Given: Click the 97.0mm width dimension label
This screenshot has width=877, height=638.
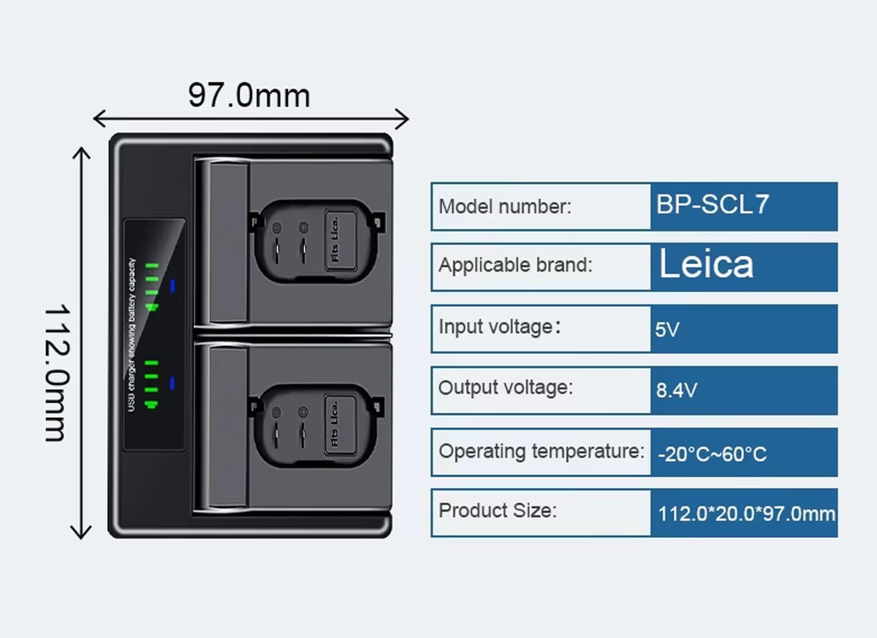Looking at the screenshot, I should tap(249, 96).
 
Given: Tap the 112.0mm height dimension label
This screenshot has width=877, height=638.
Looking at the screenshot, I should tap(57, 373).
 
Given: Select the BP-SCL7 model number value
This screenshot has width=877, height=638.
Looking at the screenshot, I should tap(712, 205).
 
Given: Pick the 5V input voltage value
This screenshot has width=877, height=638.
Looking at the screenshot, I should tap(667, 329).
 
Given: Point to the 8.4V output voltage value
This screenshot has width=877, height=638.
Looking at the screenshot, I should tap(676, 390).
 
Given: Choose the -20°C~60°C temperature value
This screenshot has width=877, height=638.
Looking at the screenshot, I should tap(712, 454).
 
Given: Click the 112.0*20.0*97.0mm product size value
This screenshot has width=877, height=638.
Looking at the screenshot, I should tap(746, 514).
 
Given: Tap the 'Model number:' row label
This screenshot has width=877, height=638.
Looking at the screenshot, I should tap(505, 206).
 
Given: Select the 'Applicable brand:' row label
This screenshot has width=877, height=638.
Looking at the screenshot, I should tap(515, 265).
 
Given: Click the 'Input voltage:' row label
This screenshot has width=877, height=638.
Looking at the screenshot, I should tap(499, 327).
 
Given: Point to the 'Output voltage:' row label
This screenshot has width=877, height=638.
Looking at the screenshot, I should tap(505, 387).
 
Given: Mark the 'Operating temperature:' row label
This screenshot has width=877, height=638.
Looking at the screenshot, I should tap(541, 451).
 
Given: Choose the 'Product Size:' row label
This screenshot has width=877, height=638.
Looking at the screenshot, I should tap(497, 510).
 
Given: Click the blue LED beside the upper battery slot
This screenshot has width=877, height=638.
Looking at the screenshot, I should tap(172, 286).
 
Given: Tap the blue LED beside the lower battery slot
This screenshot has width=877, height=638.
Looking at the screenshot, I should tap(172, 383).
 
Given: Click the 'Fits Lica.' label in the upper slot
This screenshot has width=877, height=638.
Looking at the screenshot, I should tap(335, 239).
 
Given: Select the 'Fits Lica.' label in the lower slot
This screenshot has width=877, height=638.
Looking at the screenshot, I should tap(334, 423).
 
